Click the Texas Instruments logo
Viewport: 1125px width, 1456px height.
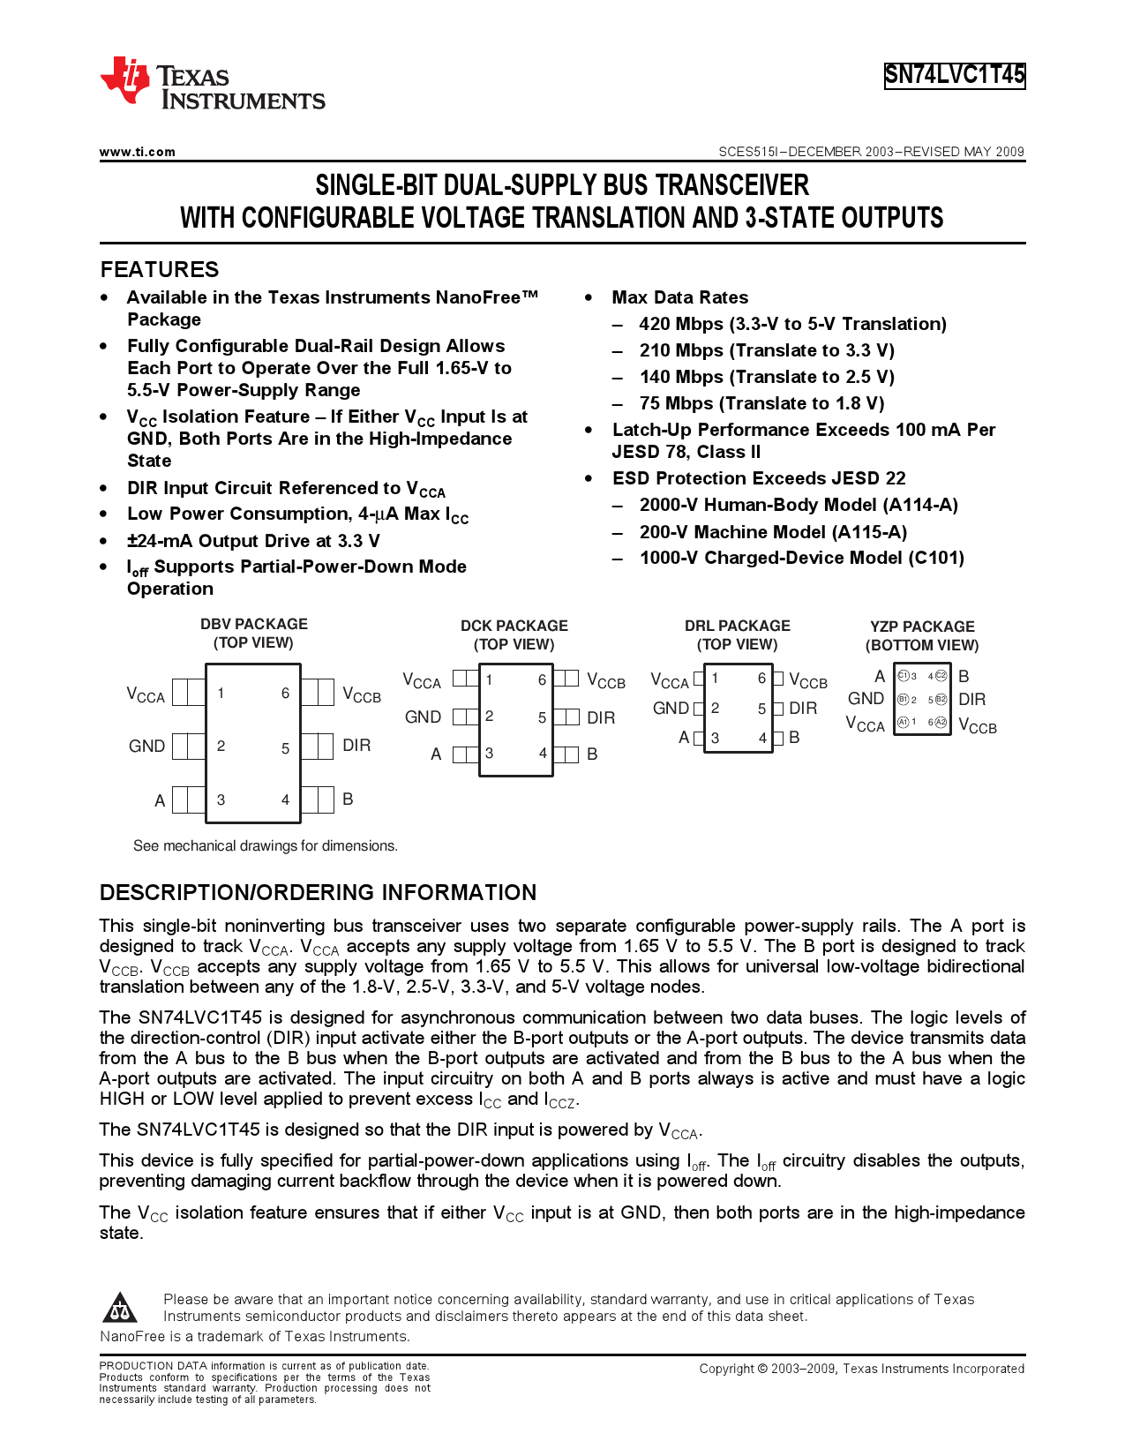coord(212,84)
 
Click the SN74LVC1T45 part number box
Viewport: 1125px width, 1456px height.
coord(955,75)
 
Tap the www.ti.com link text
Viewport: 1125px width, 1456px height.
coord(138,152)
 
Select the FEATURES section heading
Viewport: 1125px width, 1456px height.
coord(159,269)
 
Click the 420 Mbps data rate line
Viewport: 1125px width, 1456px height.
coord(791,324)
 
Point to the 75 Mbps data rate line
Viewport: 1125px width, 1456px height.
coord(761,403)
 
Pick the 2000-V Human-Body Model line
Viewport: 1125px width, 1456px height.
coord(798,505)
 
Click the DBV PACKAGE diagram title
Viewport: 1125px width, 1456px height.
coord(253,624)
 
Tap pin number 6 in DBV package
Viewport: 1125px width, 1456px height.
coord(285,694)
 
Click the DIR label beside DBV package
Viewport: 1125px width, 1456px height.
coord(356,746)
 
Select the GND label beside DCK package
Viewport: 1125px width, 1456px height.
coord(423,717)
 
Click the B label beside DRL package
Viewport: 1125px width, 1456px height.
coord(794,737)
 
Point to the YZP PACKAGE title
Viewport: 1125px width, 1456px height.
coord(922,627)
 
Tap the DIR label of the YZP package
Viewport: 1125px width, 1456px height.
coord(971,700)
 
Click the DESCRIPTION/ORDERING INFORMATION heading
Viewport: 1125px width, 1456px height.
coord(318,892)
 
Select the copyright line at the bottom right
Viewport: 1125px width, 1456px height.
coord(861,1369)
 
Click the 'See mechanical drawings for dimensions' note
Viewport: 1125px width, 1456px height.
coord(265,845)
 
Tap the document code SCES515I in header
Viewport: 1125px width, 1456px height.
coord(749,152)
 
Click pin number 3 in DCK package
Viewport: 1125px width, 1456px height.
coord(489,754)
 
